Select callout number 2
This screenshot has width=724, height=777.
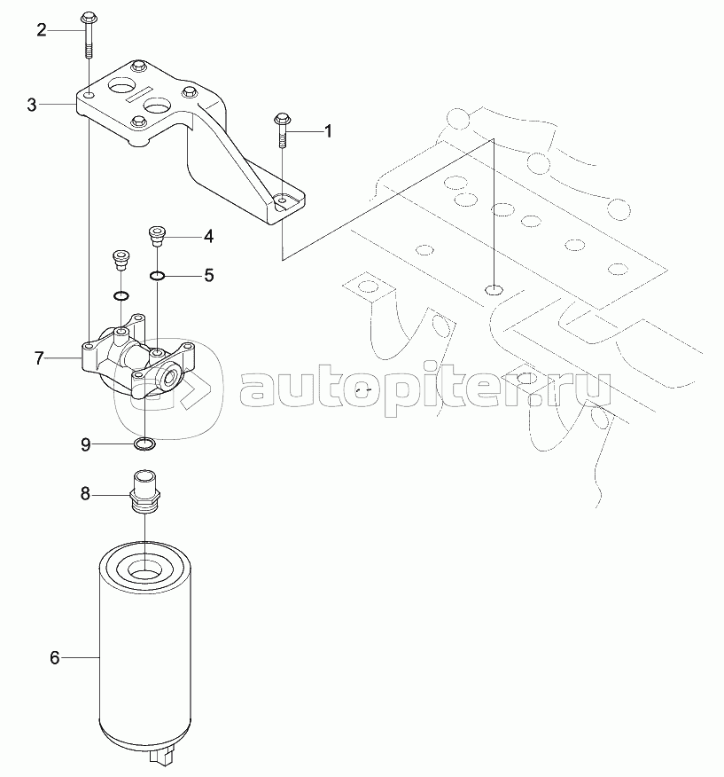coord(41,30)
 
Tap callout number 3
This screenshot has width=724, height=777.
coord(32,105)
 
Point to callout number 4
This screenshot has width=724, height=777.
coord(208,236)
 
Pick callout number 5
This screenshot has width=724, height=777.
coord(208,275)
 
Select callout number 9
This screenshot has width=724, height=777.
coord(86,444)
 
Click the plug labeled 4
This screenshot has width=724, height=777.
coord(156,235)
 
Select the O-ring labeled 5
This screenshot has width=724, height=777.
coord(156,275)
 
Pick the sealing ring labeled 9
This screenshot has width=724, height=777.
coord(144,443)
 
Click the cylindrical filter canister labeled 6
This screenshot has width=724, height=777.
coord(144,656)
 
